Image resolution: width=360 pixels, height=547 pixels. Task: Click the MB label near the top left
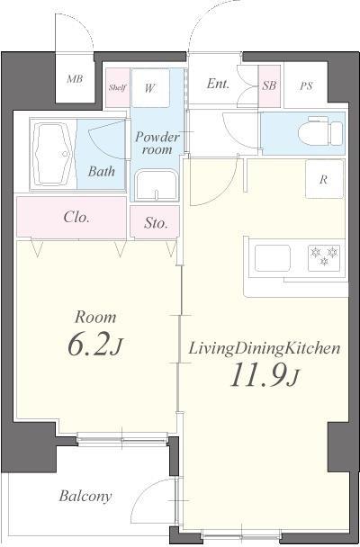pos(75,79)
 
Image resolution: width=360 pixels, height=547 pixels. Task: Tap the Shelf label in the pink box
pos(117,87)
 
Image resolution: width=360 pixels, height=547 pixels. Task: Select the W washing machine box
pos(150,88)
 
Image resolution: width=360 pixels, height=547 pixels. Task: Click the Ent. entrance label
pos(218,84)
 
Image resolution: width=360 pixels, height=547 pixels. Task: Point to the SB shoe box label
pos(269,85)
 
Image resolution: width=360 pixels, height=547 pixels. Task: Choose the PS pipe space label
pos(306,85)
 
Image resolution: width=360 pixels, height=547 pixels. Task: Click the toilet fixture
pos(320,132)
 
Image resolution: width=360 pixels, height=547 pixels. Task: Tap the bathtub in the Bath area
pos(53,154)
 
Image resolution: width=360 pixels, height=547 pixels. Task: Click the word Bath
pos(102,171)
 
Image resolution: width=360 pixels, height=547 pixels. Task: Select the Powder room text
pos(157,143)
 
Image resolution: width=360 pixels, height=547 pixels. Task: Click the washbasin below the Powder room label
pos(157,185)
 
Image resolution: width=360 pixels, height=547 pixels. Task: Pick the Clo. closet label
pos(76,218)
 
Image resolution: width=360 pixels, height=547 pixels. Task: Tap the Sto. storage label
pos(156,223)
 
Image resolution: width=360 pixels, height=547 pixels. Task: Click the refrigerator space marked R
pos(324,179)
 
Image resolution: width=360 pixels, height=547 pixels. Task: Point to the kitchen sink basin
pos(273,258)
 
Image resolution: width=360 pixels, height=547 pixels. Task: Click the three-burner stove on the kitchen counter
pos(324,258)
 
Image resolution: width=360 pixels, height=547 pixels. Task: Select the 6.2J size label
pos(95,345)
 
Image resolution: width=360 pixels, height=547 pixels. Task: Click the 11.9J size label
pos(265,375)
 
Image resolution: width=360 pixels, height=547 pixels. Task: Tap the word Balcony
pos(85,496)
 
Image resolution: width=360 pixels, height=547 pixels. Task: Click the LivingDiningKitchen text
pos(264,348)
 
